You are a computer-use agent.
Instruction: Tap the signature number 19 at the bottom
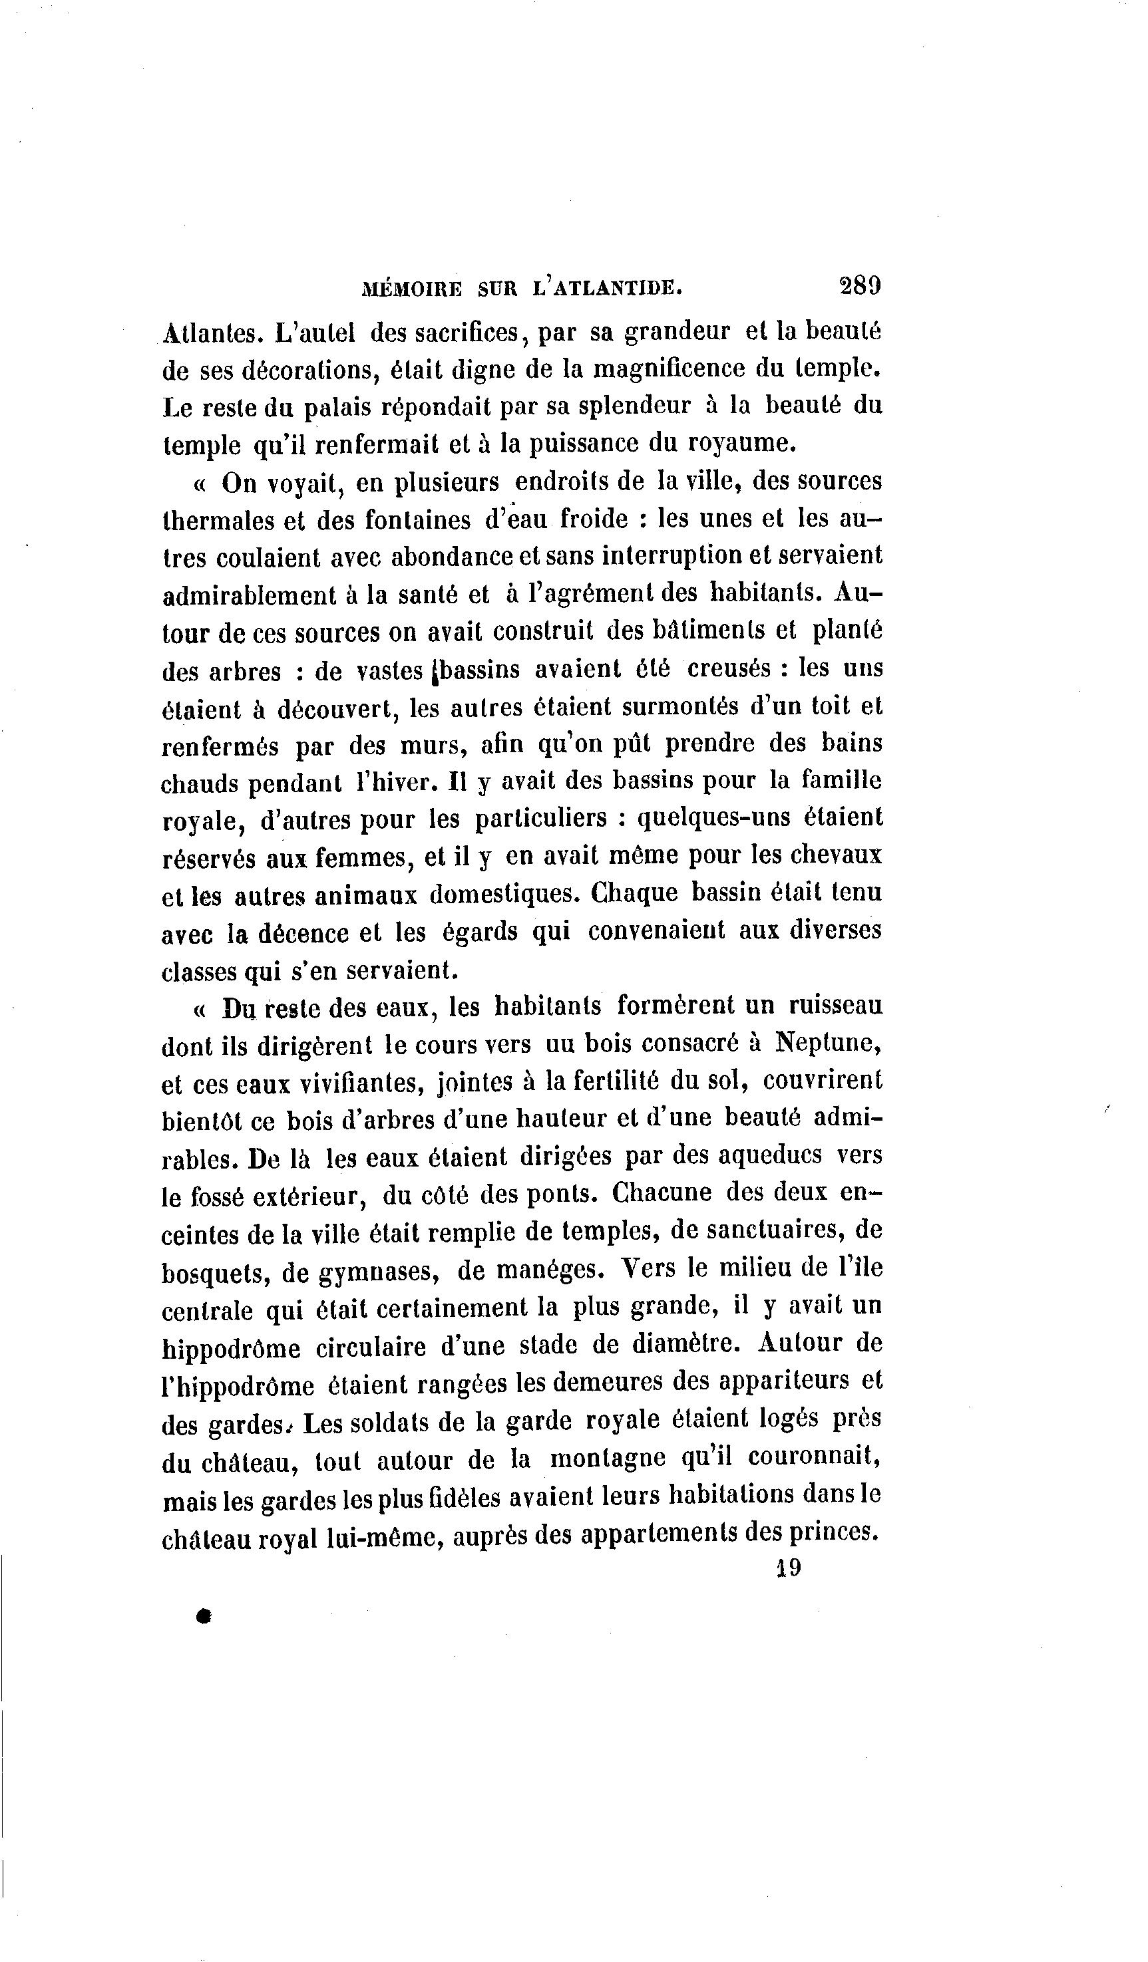click(788, 1566)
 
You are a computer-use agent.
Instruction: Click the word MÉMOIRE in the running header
click(412, 289)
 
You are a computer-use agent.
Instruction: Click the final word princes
click(833, 1532)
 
